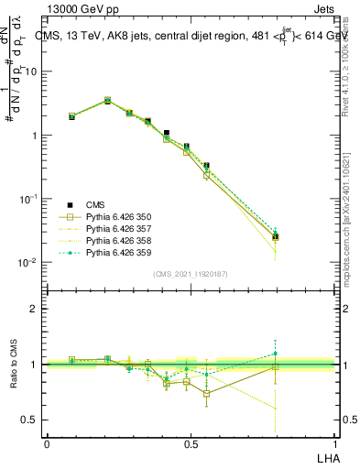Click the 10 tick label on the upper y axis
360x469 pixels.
pos(31,71)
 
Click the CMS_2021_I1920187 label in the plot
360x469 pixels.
pos(190,273)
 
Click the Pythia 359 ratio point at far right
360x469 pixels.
pos(276,353)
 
